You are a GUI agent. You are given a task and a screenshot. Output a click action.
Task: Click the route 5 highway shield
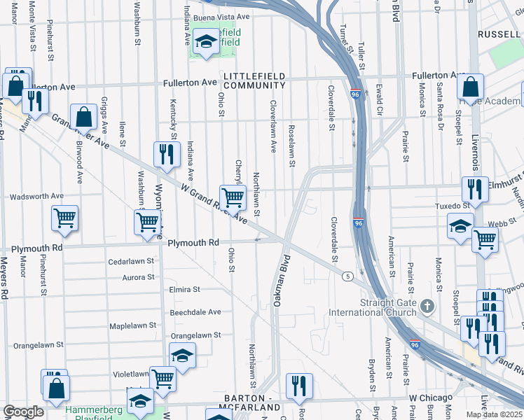point(347,276)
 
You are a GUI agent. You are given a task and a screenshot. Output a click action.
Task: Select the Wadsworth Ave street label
point(36,197)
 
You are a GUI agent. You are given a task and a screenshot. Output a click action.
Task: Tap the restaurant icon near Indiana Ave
point(166,155)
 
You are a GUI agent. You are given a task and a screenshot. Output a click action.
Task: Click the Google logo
point(23,412)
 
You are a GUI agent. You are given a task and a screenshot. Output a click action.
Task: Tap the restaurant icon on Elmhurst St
point(475,188)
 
